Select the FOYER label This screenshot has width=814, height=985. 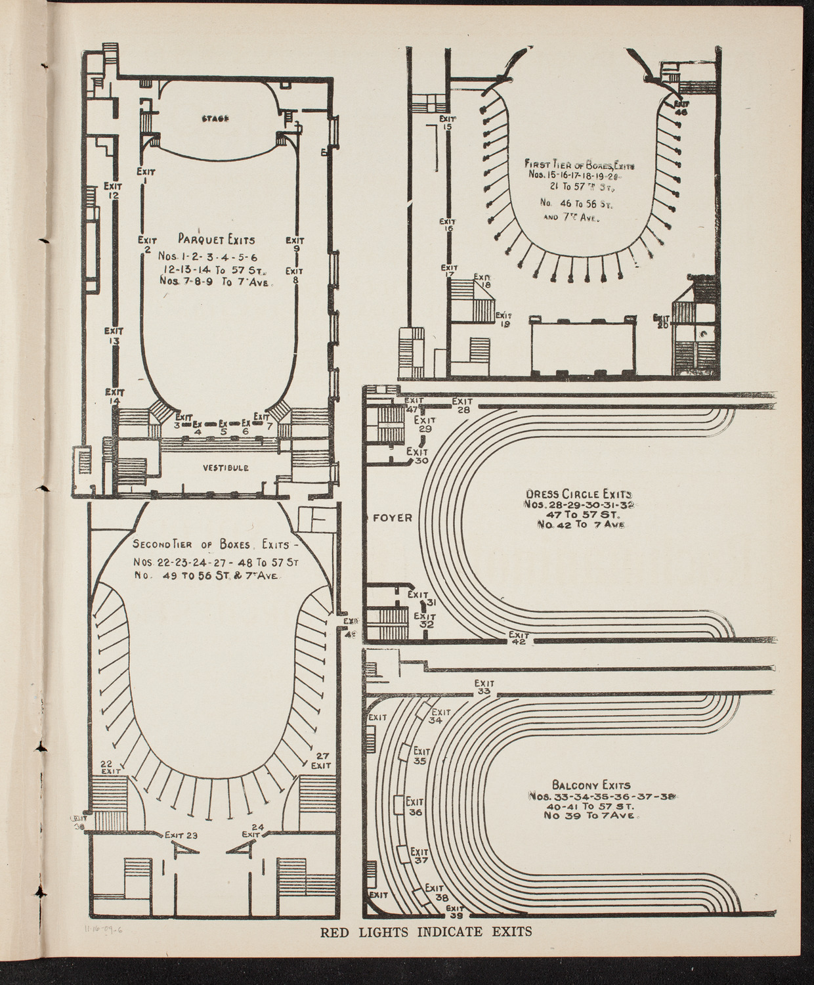[393, 517]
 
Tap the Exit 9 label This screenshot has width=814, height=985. [296, 244]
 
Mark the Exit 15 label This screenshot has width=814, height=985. [446, 123]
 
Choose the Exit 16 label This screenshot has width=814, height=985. [449, 225]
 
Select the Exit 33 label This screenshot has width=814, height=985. [484, 687]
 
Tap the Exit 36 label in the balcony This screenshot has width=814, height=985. [415, 806]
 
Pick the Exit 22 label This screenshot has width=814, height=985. [110, 766]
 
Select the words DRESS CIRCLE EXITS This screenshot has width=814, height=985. [578, 494]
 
